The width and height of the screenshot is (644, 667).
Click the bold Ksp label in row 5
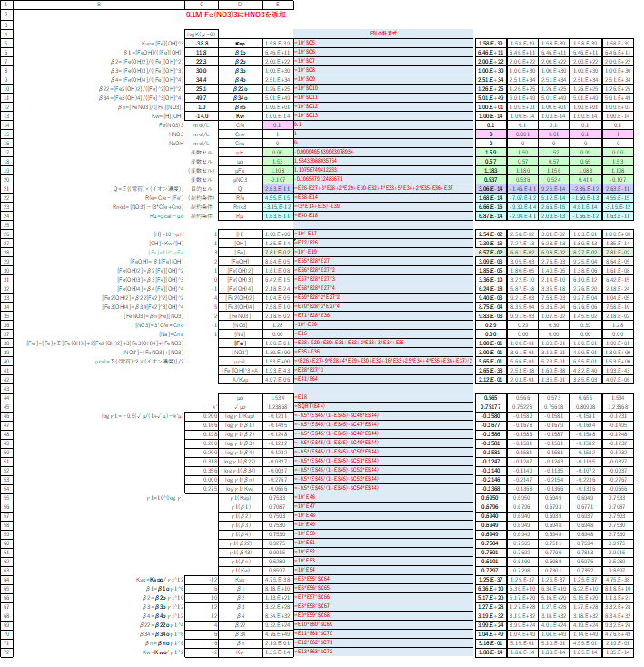(240, 43)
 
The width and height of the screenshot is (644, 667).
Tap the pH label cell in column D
(240, 153)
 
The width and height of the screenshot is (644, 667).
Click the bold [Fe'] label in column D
(240, 342)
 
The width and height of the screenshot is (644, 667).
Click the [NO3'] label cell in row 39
(240, 351)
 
